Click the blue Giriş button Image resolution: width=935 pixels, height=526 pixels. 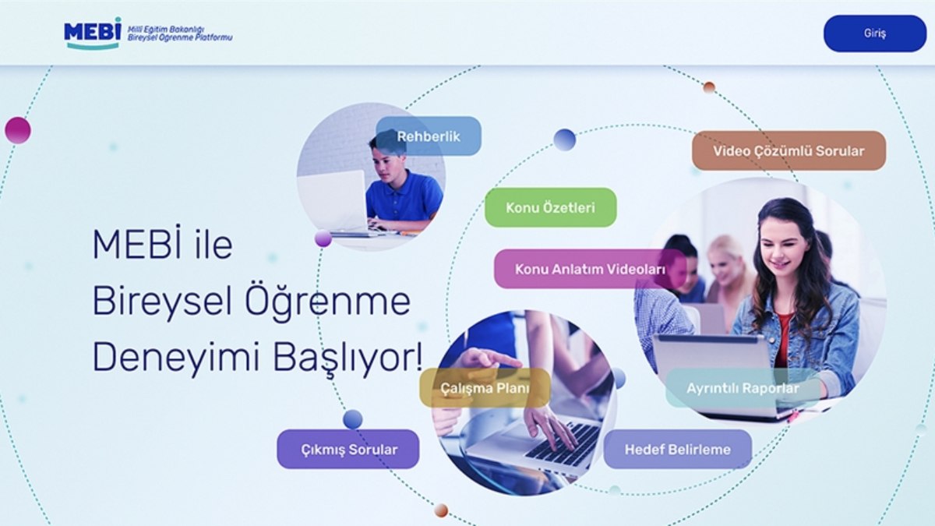[x=874, y=34]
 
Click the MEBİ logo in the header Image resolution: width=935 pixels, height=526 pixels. [x=93, y=33]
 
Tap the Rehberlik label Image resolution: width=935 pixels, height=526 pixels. [x=428, y=136]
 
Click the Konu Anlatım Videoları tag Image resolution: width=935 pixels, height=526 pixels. [x=590, y=269]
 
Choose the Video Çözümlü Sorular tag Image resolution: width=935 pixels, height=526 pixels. [x=789, y=150]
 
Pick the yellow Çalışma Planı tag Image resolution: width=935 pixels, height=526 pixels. [x=485, y=388]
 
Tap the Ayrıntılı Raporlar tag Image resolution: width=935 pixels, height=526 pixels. [x=743, y=388]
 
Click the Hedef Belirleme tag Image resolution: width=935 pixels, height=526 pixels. [x=677, y=449]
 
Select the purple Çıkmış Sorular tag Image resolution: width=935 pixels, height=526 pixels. [x=348, y=449]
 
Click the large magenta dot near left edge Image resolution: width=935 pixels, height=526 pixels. [x=18, y=130]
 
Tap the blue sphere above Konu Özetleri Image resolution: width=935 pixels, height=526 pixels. [x=564, y=139]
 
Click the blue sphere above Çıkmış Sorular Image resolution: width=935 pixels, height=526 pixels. [x=352, y=419]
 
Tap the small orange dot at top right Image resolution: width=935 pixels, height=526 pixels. [x=709, y=87]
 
